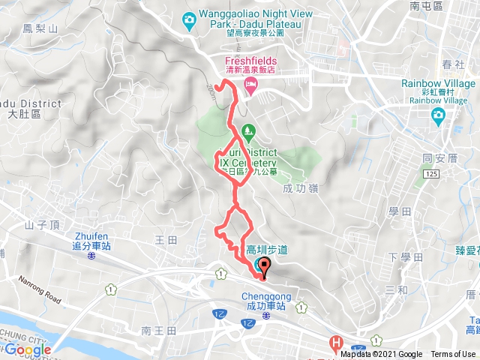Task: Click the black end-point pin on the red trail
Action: coord(263,265)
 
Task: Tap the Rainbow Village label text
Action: coord(438,83)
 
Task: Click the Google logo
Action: coord(28,349)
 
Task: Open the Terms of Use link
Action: coord(452,354)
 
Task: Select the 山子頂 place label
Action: coord(40,223)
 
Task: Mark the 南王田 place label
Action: coord(157,330)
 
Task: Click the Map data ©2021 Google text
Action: coord(382,354)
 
